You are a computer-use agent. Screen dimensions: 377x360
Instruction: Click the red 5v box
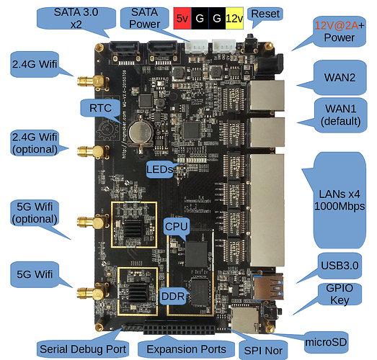(x=182, y=18)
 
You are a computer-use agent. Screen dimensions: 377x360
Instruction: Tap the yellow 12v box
(x=234, y=18)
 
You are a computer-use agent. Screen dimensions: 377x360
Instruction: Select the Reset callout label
(x=265, y=14)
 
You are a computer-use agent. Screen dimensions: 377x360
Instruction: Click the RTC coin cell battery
(x=141, y=131)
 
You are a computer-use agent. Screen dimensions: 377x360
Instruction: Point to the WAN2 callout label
(x=340, y=77)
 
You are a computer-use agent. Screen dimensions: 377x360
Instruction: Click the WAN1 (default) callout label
(x=340, y=114)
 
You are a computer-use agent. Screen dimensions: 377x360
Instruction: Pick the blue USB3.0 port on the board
(x=268, y=287)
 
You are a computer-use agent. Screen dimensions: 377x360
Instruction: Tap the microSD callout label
(x=326, y=342)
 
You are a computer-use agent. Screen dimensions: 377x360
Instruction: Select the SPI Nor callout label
(x=263, y=351)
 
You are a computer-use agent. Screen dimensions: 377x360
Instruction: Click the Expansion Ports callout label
(x=186, y=349)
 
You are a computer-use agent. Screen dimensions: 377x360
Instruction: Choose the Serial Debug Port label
(x=83, y=349)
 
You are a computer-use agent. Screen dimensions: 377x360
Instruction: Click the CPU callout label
(x=176, y=227)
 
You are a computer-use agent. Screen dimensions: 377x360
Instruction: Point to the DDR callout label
(x=173, y=296)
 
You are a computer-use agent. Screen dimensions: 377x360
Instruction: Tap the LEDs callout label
(x=159, y=169)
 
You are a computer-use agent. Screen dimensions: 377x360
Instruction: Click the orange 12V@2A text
(x=336, y=25)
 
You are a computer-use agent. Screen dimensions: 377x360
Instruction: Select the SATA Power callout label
(x=144, y=18)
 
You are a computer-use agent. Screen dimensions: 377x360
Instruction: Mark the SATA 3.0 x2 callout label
(x=76, y=18)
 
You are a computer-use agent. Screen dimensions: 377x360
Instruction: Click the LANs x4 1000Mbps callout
(x=340, y=200)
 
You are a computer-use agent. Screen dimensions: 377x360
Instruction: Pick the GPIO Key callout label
(x=340, y=294)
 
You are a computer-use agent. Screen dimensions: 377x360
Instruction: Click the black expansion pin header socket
(x=179, y=327)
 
